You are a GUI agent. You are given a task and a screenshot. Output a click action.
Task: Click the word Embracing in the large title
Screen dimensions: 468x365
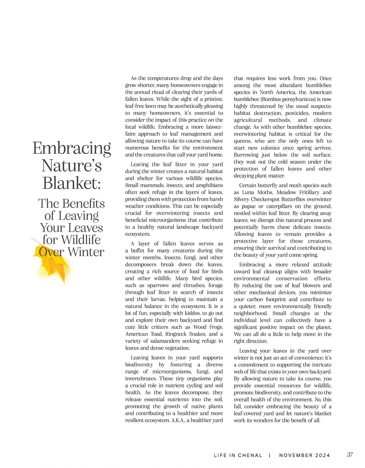pos(72,148)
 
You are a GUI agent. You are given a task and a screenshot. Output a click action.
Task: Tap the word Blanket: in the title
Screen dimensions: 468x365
pos(72,183)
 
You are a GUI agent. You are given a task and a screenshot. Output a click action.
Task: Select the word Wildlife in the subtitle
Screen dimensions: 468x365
pos(81,240)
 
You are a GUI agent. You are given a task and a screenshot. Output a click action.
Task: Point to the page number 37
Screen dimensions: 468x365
pos(350,455)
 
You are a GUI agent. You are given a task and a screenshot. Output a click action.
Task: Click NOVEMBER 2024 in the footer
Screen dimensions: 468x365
pos(304,455)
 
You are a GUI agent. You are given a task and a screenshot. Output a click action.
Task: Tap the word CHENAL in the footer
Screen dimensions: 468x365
pos(250,455)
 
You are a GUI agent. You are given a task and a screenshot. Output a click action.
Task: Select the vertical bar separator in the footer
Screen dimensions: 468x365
pos(270,455)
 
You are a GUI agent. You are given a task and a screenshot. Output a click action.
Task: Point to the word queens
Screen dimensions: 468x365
pos(242,141)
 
